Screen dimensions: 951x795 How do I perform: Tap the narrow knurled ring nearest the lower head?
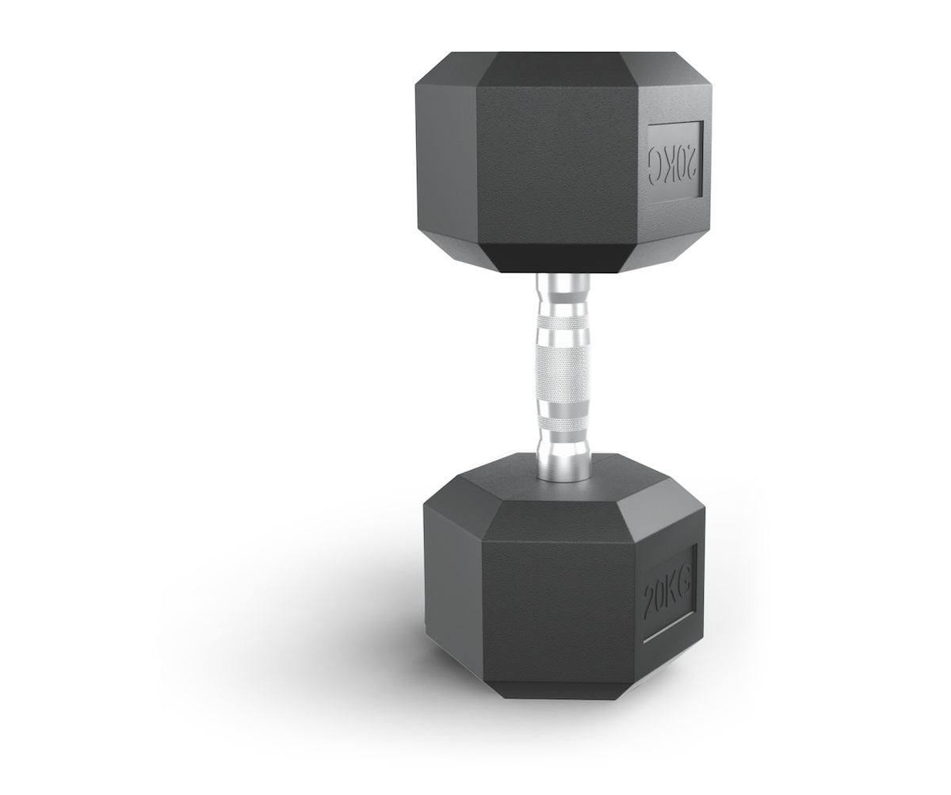pos(563,424)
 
